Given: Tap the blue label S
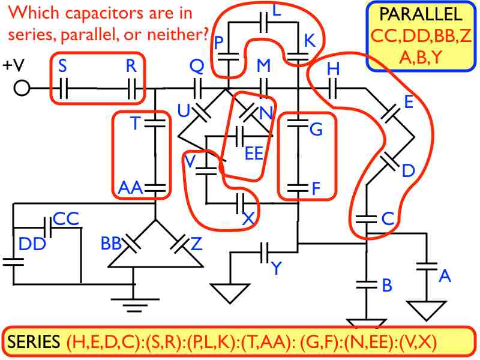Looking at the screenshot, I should click(62, 67).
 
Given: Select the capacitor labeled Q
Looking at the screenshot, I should click(199, 90).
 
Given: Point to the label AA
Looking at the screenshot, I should click(130, 188).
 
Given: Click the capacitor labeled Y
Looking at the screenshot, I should click(265, 253).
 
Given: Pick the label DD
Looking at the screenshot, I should click(32, 244).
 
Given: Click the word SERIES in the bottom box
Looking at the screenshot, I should click(34, 343).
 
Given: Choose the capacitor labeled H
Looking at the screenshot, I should click(334, 90).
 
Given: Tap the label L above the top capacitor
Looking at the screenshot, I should click(276, 10).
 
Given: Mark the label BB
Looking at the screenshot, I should click(112, 243).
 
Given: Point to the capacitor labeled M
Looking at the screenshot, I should click(264, 90).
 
